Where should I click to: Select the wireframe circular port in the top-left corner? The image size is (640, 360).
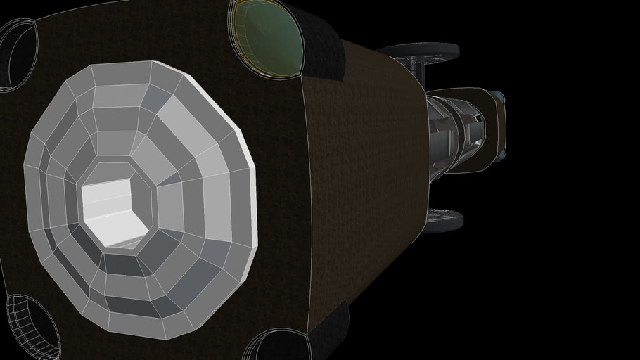[x=18, y=53]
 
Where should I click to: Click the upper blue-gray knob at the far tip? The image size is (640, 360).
[x=498, y=96]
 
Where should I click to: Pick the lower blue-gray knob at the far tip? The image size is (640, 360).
[x=501, y=153]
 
